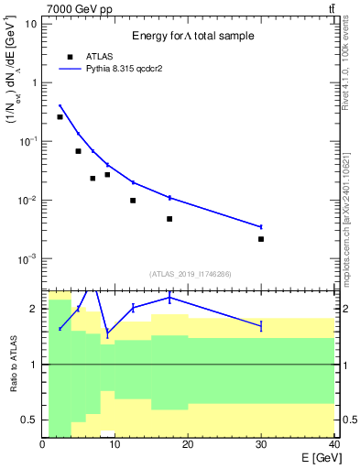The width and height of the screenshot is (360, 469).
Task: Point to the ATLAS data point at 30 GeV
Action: tap(261, 239)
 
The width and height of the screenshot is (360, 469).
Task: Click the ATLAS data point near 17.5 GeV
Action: tap(169, 219)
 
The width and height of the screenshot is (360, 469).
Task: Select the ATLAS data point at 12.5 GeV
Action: tap(133, 201)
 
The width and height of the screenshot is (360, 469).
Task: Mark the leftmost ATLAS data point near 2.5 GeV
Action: tap(60, 117)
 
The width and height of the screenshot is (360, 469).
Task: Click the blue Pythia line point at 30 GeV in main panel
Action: tap(261, 226)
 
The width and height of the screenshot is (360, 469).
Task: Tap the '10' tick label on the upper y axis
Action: tap(30, 23)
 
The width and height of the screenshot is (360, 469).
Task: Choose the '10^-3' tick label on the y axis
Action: tap(28, 259)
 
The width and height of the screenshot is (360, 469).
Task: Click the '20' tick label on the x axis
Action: tap(188, 444)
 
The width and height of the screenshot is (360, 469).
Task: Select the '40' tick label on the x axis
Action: tap(333, 444)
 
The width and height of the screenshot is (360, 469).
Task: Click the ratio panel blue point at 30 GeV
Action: tap(261, 325)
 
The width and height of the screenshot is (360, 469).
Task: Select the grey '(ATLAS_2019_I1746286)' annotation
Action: tap(189, 274)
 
